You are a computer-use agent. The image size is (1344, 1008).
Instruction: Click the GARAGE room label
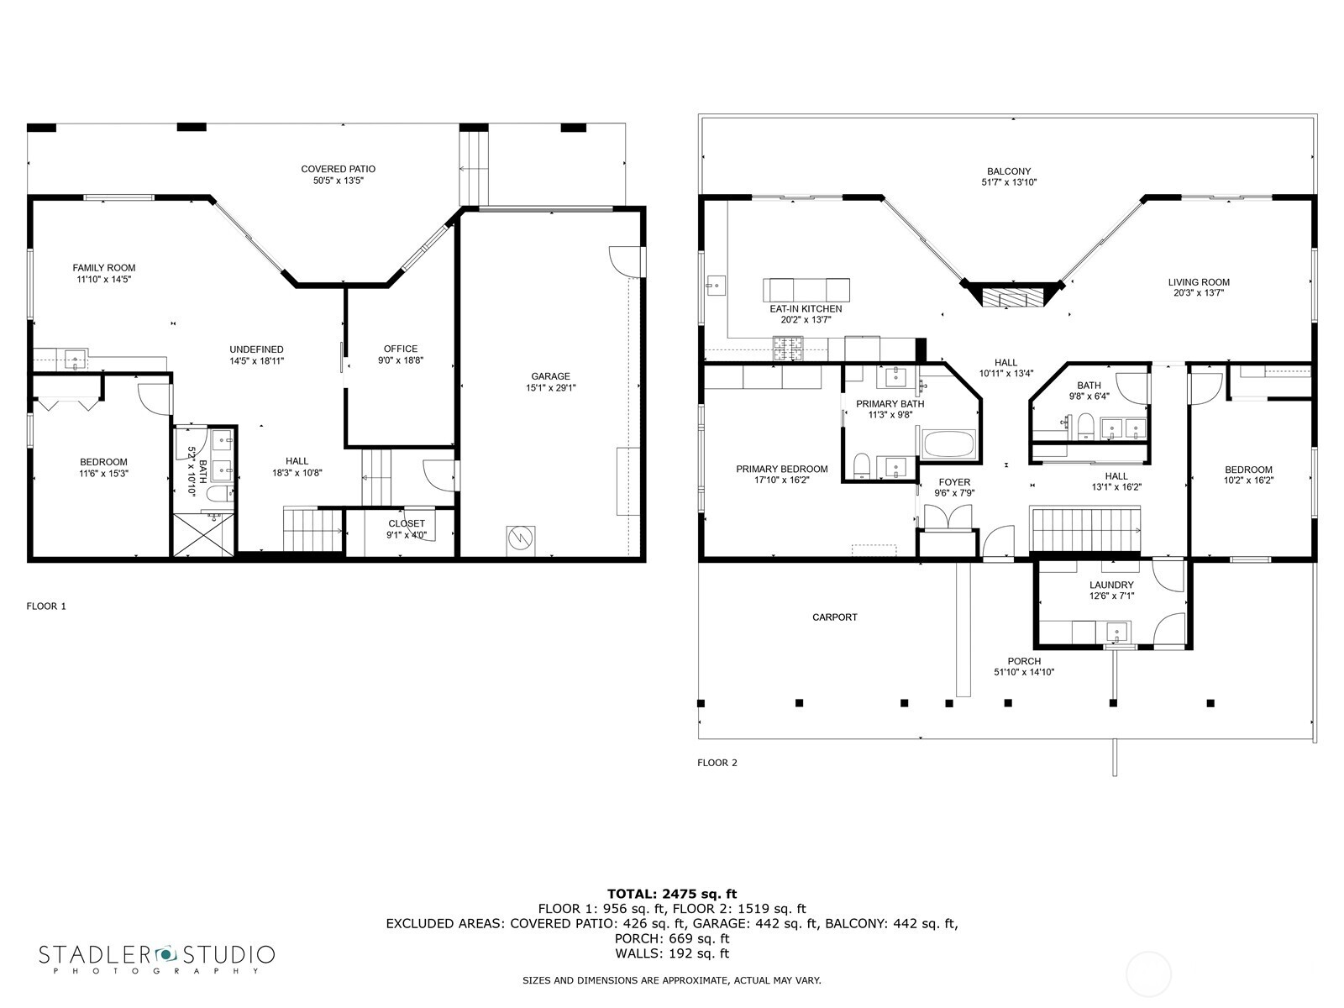(550, 376)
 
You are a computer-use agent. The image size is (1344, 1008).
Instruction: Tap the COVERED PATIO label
(338, 169)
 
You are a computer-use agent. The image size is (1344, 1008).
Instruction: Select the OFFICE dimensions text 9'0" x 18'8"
(400, 360)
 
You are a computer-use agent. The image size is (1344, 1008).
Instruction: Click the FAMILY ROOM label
(103, 268)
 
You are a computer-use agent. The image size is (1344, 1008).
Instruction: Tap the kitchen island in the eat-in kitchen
(806, 290)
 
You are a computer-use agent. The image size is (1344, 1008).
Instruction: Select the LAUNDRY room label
(1111, 585)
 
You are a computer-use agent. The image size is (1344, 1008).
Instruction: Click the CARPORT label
(835, 617)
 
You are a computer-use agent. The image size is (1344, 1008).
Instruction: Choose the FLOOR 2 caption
(717, 763)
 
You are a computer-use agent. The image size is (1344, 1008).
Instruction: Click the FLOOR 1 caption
(46, 606)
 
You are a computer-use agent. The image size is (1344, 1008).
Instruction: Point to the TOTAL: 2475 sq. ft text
(671, 894)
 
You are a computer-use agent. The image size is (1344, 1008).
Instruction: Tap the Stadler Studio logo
(157, 958)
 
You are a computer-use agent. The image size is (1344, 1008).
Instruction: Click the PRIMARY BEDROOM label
(781, 469)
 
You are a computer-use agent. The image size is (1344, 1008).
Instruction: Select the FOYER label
(954, 482)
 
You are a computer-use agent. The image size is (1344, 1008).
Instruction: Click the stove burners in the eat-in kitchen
(788, 344)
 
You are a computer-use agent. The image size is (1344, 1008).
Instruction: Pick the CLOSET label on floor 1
(407, 523)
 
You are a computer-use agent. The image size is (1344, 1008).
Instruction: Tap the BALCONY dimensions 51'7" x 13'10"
(1008, 182)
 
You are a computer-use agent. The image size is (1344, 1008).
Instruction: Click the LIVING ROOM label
(1199, 282)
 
